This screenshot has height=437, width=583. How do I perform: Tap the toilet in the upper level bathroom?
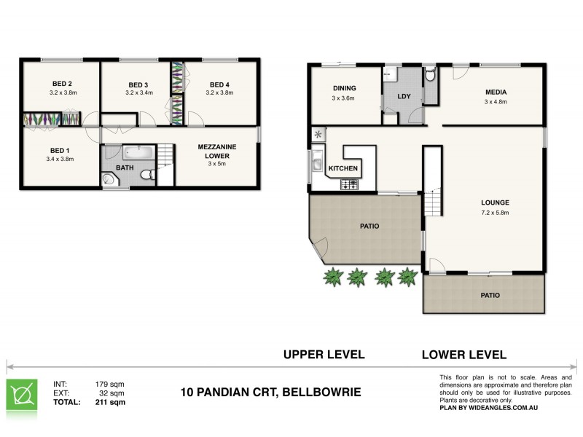145,174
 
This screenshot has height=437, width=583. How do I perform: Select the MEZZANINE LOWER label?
217,151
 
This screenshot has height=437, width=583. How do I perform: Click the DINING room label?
343,88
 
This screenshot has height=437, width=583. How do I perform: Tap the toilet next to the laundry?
430,74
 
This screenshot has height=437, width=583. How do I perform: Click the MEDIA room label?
496,92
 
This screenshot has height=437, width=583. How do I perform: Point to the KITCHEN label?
343,168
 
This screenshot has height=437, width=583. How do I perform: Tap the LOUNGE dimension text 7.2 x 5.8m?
495,213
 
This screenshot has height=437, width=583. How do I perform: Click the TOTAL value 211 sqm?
110,401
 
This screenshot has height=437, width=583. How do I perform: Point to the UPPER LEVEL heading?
324,355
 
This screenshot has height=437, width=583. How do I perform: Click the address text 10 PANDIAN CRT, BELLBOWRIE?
270,393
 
